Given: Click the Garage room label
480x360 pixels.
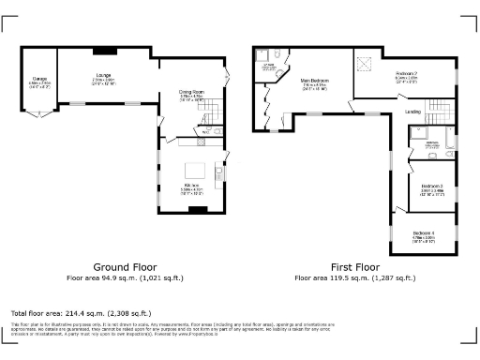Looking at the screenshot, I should [40, 81].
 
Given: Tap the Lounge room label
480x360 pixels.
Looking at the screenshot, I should [103, 76].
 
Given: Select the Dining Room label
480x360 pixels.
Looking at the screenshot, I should [193, 93].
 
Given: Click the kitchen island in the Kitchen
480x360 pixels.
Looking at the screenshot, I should [195, 170].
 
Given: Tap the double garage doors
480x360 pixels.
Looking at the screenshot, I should [40, 113].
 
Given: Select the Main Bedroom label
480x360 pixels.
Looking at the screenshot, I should [314, 82].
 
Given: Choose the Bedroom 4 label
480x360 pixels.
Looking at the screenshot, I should [424, 233].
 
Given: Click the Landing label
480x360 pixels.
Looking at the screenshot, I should [412, 112].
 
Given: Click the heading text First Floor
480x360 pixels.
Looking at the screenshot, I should [355, 266].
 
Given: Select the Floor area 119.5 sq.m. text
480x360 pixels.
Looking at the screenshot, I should [355, 278].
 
